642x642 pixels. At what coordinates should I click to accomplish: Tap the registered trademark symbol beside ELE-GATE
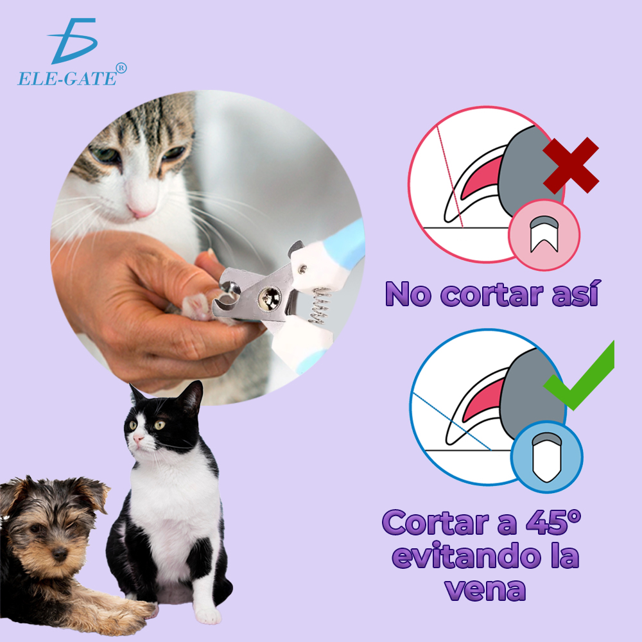point(121,69)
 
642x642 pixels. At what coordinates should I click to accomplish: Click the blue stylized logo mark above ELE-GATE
point(73,40)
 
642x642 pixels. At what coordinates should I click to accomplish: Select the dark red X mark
point(571,165)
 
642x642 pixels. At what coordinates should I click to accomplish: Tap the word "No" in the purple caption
point(408,294)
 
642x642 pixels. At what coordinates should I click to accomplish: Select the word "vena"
point(485,589)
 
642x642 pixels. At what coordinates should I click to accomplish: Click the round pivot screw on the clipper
point(270,298)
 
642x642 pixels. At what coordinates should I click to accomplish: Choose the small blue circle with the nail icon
point(546,457)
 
